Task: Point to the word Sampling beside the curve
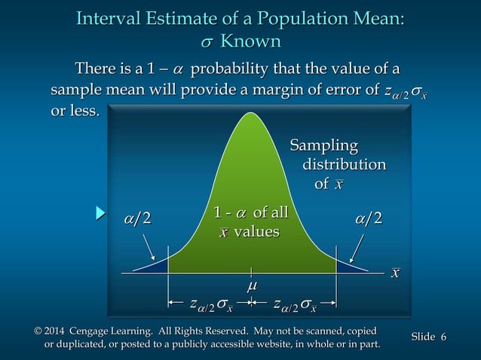tap(325, 145)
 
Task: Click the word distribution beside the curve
tap(344, 164)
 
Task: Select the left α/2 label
tap(137, 218)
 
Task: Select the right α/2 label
tap(368, 218)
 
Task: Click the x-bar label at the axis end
tap(395, 273)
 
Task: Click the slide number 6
tap(443, 337)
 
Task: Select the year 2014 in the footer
tap(60, 331)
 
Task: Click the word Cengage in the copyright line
tap(100, 331)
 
